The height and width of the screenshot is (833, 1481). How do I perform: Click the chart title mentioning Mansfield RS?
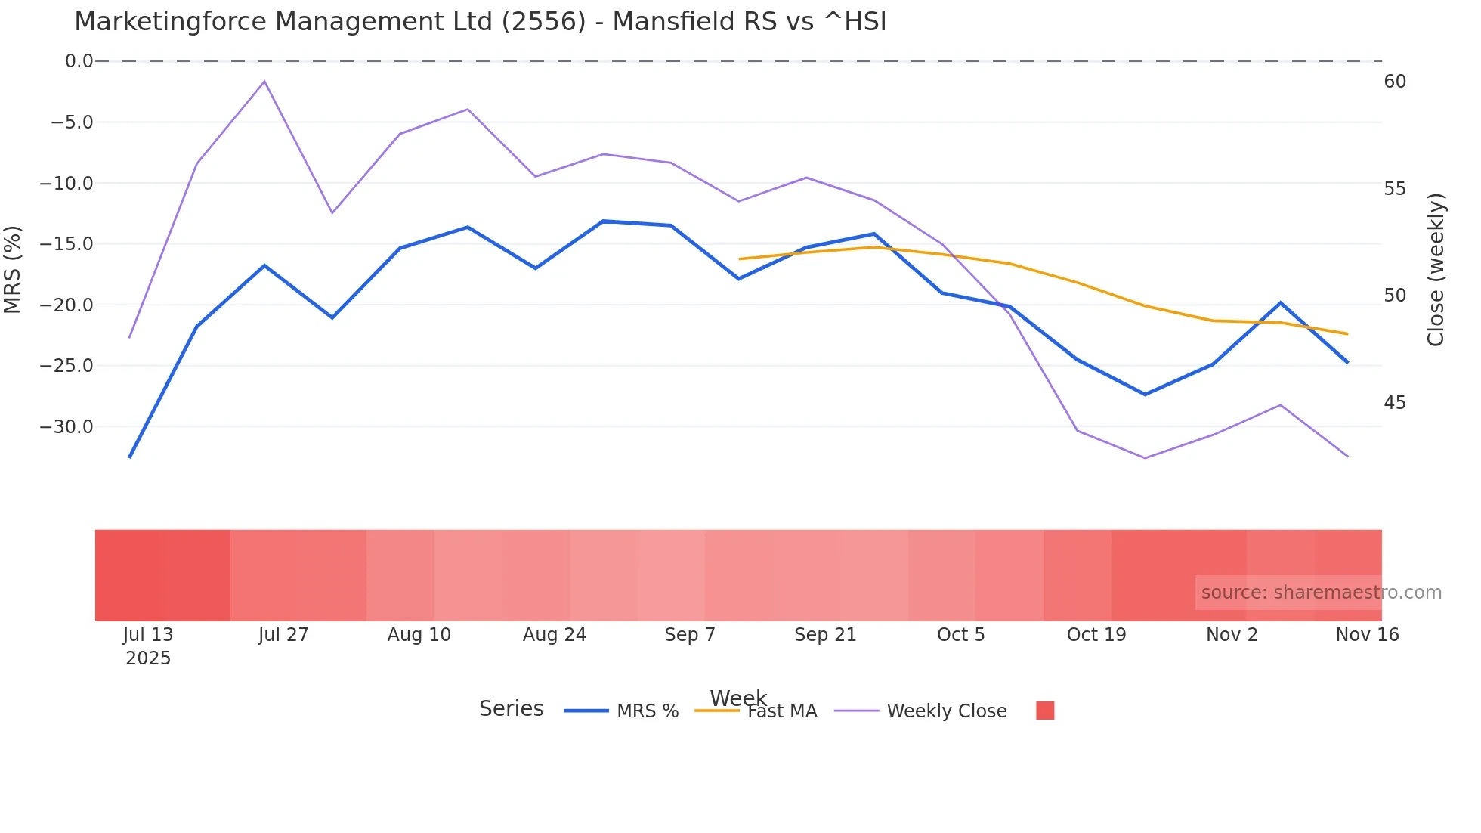[480, 22]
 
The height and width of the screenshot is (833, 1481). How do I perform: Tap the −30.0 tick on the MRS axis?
[66, 427]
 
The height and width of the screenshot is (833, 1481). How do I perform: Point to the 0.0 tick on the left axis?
[79, 61]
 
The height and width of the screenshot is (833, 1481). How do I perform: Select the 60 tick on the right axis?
[1395, 82]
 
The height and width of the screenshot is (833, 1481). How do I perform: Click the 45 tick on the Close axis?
[1395, 403]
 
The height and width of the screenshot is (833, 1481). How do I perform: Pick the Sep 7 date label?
[690, 635]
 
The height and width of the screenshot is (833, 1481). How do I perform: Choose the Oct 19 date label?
[1096, 635]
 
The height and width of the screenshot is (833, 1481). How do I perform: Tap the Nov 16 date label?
[1367, 635]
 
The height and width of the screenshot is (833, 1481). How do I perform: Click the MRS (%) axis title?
[13, 269]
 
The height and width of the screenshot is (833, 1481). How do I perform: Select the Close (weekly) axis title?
[1436, 269]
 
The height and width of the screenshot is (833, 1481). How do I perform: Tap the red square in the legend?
[1045, 711]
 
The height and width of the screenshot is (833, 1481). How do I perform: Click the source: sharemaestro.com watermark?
[1321, 593]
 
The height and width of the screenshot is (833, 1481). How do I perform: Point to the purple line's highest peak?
[264, 81]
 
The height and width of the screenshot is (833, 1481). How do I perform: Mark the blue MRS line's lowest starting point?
[130, 457]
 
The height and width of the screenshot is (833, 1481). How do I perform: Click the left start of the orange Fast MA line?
[740, 259]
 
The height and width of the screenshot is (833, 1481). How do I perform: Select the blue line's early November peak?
[1281, 303]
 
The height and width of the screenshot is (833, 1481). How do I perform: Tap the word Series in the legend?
[512, 709]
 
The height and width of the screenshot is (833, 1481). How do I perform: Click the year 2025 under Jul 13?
[148, 658]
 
